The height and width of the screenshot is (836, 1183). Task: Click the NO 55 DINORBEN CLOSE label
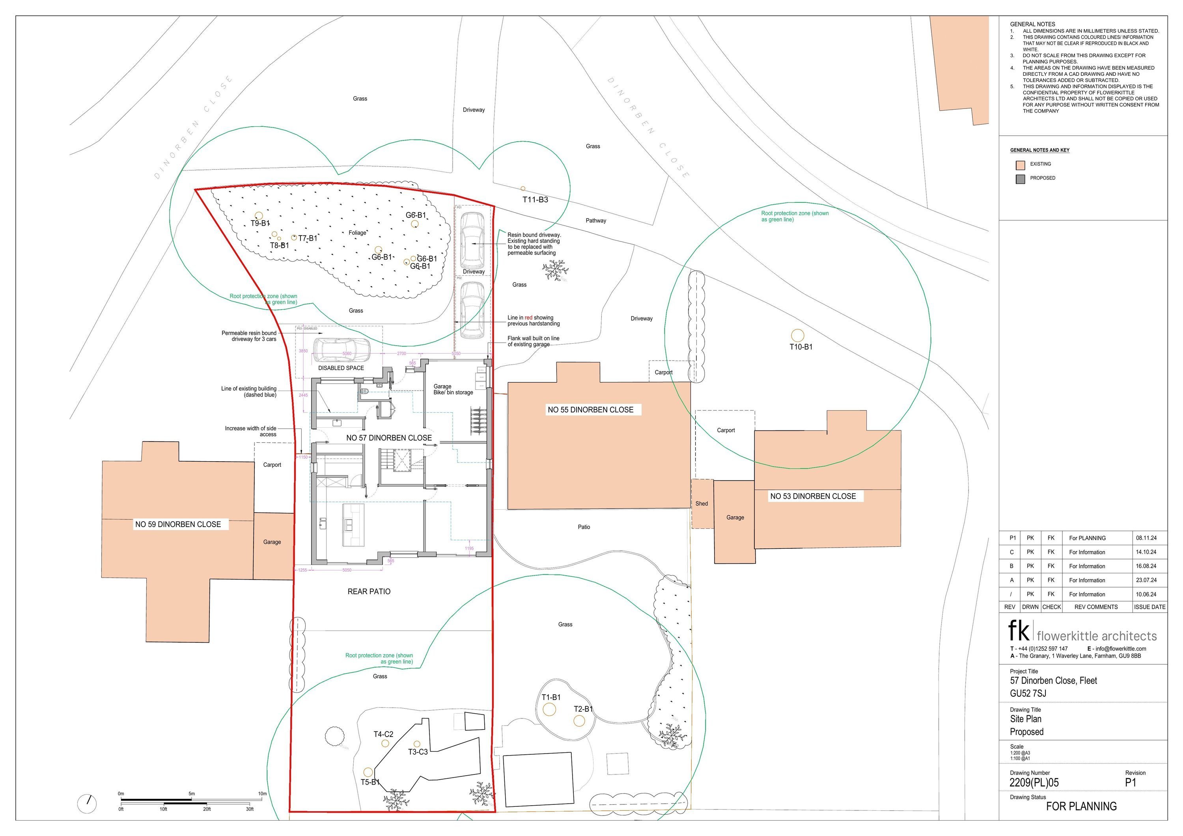coord(590,410)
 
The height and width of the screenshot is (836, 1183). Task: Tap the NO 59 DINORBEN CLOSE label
coord(178,524)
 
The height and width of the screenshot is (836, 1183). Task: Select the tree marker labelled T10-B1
coord(798,335)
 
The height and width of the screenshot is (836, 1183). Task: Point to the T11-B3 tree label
coord(536,200)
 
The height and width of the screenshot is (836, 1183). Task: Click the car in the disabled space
coord(341,350)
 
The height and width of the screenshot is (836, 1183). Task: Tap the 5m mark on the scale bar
coord(192,794)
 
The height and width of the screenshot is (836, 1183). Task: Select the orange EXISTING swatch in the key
coord(1020,165)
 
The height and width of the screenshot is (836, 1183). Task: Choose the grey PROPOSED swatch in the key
coord(1020,180)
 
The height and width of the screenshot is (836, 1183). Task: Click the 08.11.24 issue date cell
coord(1146,538)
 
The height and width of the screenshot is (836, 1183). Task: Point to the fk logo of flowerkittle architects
coord(1019,630)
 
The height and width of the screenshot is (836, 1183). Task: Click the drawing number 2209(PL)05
coord(1034,782)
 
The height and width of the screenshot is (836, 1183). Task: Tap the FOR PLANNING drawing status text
coord(1081,806)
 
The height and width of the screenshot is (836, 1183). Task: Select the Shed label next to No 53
coord(702,503)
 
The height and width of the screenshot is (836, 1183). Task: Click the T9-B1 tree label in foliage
coord(260,224)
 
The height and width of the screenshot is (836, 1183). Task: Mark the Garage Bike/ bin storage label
coord(453,390)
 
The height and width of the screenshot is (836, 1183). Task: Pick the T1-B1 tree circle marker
coord(549,709)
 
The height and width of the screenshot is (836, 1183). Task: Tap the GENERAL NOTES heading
coord(1032,24)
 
